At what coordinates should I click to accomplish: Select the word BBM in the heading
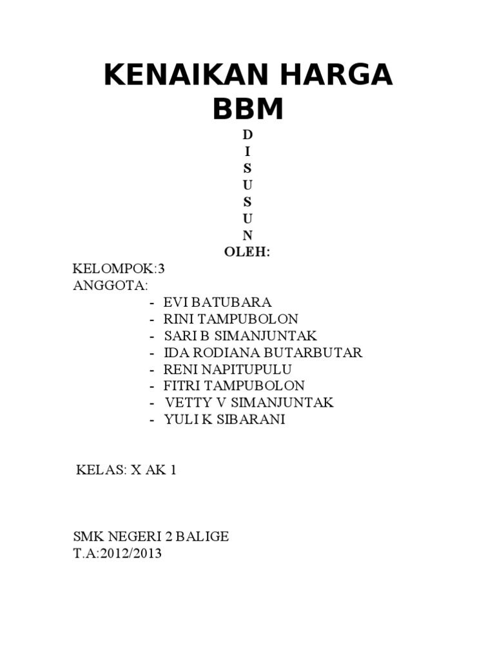[x=247, y=110]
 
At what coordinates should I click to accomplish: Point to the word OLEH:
[x=247, y=252]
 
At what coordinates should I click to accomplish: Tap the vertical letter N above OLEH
[x=247, y=235]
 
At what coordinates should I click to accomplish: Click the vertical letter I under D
[x=247, y=151]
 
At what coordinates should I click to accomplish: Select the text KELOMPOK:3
[x=115, y=269]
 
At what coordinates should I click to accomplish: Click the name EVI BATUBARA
[x=217, y=302]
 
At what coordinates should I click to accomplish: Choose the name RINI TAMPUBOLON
[x=231, y=319]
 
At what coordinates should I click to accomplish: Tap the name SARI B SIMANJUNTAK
[x=240, y=336]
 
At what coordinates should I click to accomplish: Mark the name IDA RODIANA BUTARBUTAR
[x=263, y=353]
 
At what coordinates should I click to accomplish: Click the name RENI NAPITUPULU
[x=228, y=369]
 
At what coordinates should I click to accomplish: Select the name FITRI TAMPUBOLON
[x=234, y=386]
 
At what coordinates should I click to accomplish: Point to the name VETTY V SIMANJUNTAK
[x=249, y=403]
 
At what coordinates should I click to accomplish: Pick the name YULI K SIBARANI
[x=224, y=420]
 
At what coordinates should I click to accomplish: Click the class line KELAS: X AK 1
[x=126, y=470]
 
